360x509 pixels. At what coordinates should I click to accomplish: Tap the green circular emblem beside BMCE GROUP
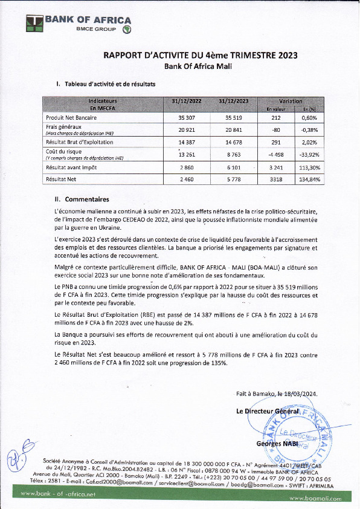(127, 29)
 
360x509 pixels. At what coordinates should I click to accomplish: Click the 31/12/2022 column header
(185, 101)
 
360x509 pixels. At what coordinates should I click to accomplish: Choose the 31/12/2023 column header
(234, 101)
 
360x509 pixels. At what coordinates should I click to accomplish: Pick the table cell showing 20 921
(185, 130)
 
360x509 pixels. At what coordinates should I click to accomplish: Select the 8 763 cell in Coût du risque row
(234, 154)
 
